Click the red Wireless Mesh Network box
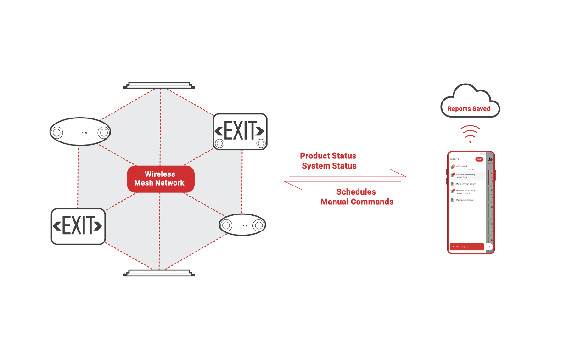point(161,179)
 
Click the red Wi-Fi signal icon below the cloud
point(470,134)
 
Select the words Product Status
point(328,156)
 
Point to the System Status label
point(329,166)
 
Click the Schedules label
point(356,192)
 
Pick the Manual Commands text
point(357,202)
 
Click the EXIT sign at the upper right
point(240,131)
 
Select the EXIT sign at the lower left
point(78,226)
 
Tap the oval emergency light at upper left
point(80,132)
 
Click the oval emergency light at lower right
point(242,225)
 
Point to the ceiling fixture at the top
point(159,85)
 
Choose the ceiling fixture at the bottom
point(159,273)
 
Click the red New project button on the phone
point(467,247)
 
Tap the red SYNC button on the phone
point(479,159)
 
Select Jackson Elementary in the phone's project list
point(466,175)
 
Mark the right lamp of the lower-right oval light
point(258,225)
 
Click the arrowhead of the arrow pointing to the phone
point(403,175)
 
